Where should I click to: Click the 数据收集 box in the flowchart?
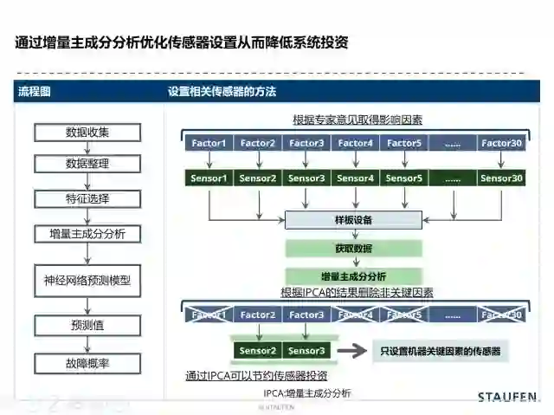87,133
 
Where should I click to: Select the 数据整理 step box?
87,164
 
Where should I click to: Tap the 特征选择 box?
87,198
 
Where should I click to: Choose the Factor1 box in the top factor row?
209,143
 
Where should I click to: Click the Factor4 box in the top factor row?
356,143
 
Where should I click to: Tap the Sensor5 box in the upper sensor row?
404,178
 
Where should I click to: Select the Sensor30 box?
502,178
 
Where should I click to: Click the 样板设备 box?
353,220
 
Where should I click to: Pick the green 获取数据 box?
353,249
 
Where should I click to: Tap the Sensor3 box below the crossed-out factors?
306,351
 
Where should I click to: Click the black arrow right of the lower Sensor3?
351,351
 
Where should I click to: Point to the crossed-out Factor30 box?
502,314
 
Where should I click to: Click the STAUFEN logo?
507,397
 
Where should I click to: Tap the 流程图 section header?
35,92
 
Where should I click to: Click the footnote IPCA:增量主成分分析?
307,393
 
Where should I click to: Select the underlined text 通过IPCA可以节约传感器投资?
256,376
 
